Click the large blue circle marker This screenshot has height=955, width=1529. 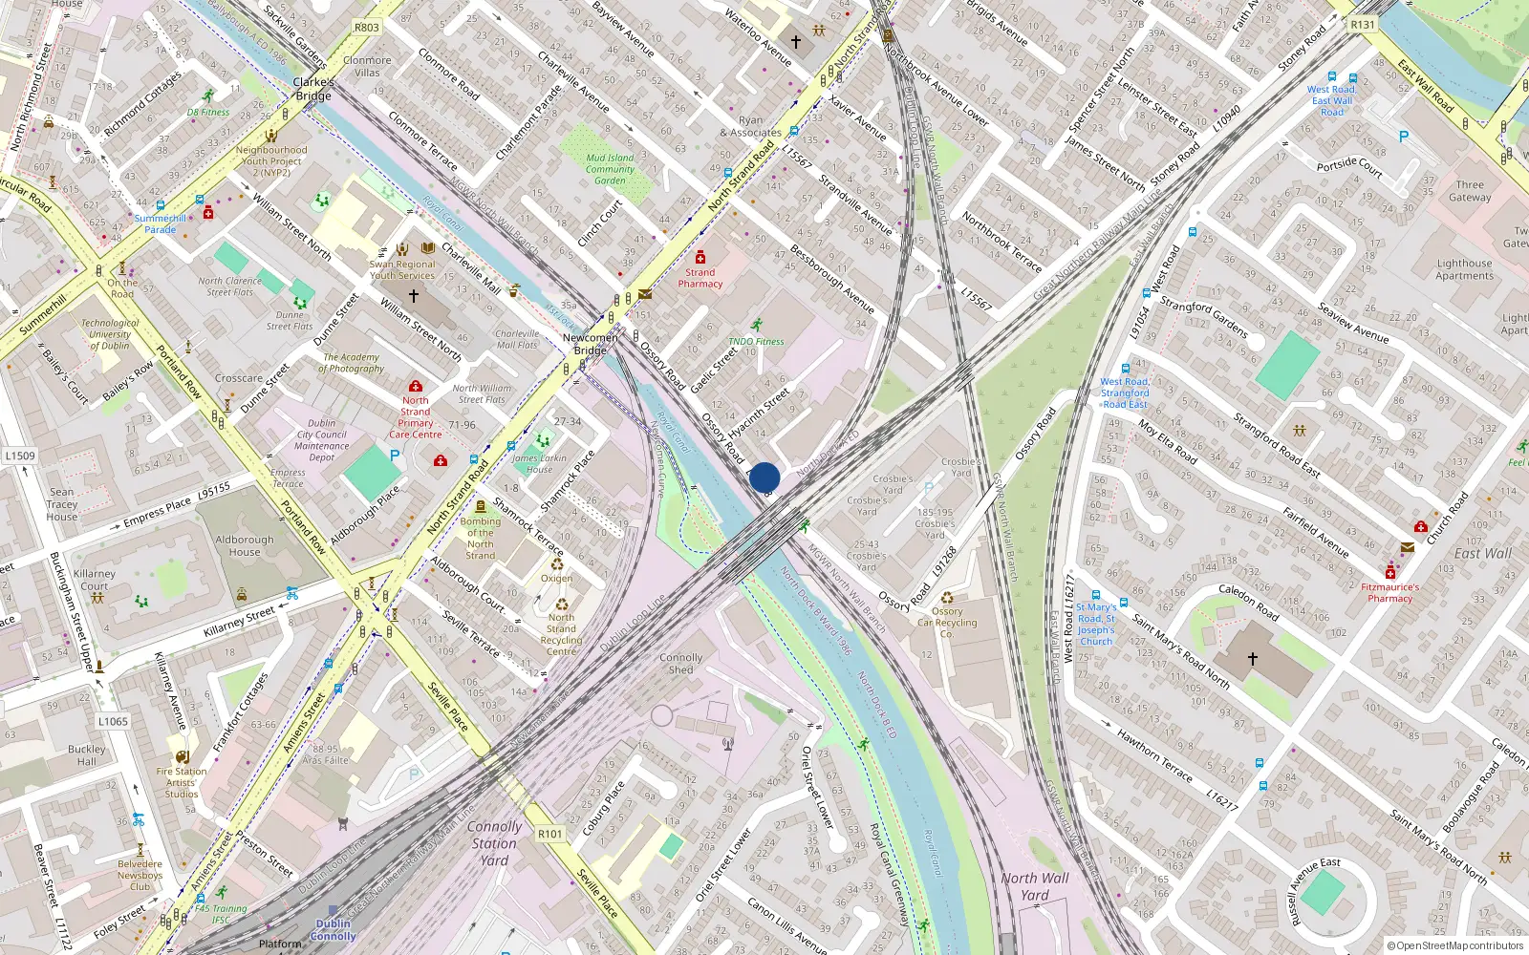pyautogui.click(x=764, y=477)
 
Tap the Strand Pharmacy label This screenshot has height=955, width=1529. pyautogui.click(x=700, y=278)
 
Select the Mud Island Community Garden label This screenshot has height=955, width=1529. pyautogui.click(x=610, y=169)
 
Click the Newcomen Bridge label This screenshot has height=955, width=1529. pyautogui.click(x=591, y=344)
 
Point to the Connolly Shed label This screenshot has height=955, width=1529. pyautogui.click(x=680, y=664)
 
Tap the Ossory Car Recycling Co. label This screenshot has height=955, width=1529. pyautogui.click(x=947, y=623)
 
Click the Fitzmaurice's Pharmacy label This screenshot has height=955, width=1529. pyautogui.click(x=1390, y=593)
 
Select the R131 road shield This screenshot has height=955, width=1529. pyautogui.click(x=1363, y=25)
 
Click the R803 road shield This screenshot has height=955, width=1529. pyautogui.click(x=367, y=27)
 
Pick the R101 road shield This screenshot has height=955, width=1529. pyautogui.click(x=550, y=834)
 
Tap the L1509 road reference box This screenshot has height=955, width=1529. pyautogui.click(x=20, y=456)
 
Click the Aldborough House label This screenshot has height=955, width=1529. pyautogui.click(x=245, y=545)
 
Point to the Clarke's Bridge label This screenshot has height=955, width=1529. pyautogui.click(x=313, y=89)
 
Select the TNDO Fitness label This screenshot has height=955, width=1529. pyautogui.click(x=756, y=341)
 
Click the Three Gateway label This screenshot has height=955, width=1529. pyautogui.click(x=1470, y=191)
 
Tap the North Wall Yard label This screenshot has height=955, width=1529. pyautogui.click(x=1035, y=886)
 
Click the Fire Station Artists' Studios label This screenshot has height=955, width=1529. pyautogui.click(x=182, y=782)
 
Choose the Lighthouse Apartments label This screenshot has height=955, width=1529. pyautogui.click(x=1464, y=269)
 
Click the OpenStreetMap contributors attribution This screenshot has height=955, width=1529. pyautogui.click(x=1455, y=946)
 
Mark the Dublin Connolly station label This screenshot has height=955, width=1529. pyautogui.click(x=333, y=929)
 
